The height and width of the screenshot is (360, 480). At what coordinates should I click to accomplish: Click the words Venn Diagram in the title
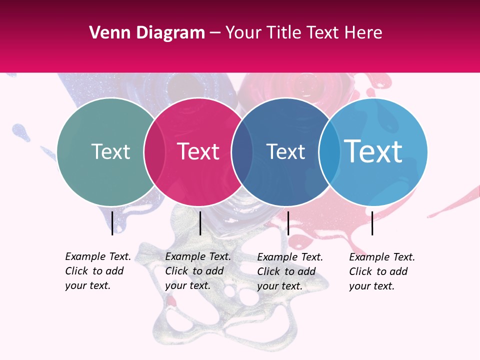point(147,33)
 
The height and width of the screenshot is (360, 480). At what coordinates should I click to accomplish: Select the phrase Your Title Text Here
point(303,33)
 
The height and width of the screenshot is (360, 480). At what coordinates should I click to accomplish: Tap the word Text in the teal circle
point(110,151)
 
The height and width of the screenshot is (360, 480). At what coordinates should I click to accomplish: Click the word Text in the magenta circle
point(198,151)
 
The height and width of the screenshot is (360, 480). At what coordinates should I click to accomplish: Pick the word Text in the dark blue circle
point(285,151)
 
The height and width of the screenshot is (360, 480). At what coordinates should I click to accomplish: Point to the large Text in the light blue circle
point(373,151)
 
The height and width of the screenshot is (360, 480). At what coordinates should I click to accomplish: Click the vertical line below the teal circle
point(112,223)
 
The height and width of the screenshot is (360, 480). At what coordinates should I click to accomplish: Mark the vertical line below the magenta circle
point(200,223)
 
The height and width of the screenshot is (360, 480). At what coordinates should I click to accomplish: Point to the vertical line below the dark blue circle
point(288,223)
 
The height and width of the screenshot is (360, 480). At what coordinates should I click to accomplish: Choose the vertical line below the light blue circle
point(372,223)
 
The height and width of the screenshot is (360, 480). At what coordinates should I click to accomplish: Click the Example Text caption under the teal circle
point(98,271)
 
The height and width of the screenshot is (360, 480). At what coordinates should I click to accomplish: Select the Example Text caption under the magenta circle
point(198,271)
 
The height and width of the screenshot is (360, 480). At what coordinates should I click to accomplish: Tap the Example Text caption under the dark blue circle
point(290,271)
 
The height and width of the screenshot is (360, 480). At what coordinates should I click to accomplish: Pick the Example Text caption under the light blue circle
point(382,271)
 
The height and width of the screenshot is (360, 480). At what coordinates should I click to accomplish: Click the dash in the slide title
point(215,33)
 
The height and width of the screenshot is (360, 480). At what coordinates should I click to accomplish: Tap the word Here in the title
point(365,33)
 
